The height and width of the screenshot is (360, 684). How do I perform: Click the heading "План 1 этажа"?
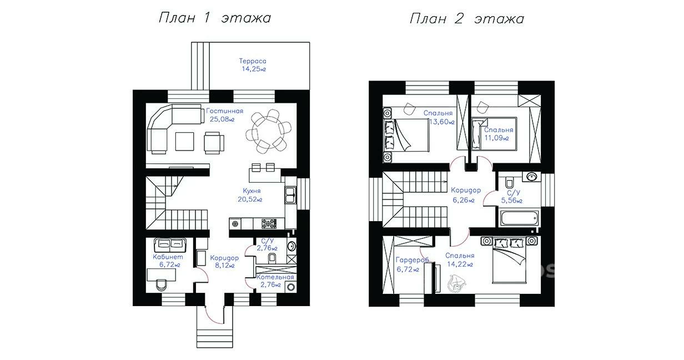pyautogui.click(x=215, y=18)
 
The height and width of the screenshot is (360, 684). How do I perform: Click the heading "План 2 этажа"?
pyautogui.click(x=467, y=19)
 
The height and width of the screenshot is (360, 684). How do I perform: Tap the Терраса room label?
pyautogui.click(x=253, y=61)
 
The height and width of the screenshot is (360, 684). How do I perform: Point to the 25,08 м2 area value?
pyautogui.click(x=222, y=119)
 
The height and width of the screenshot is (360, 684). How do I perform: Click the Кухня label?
pyautogui.click(x=252, y=191)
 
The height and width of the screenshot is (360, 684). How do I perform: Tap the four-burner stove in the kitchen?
pyautogui.click(x=269, y=223)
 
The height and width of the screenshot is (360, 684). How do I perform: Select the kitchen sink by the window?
pyautogui.click(x=290, y=196)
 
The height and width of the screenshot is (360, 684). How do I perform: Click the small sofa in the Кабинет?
pyautogui.click(x=170, y=244)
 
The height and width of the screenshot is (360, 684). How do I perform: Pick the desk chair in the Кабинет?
pyautogui.click(x=162, y=285)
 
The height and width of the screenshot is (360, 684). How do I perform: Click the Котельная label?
pyautogui.click(x=275, y=277)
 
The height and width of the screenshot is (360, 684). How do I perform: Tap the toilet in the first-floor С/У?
pyautogui.click(x=272, y=258)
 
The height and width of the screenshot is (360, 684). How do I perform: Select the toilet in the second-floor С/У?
pyautogui.click(x=509, y=182)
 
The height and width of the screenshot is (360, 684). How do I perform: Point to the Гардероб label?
pyautogui.click(x=412, y=260)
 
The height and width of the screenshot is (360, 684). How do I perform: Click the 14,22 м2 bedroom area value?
pyautogui.click(x=460, y=264)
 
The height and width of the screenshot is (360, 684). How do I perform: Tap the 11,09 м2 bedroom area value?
pyautogui.click(x=497, y=138)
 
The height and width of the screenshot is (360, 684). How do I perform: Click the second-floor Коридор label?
pyautogui.click(x=466, y=191)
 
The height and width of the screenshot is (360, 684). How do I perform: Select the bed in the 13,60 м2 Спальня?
pyautogui.click(x=406, y=135)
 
